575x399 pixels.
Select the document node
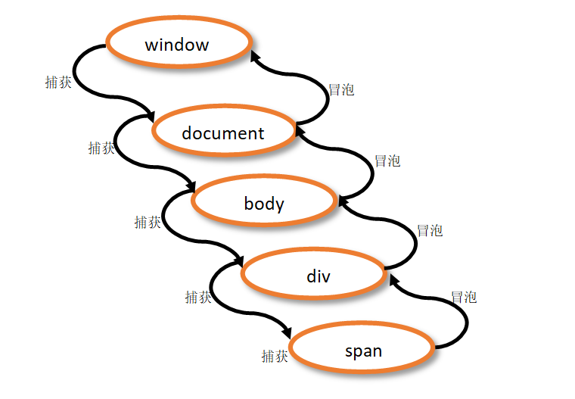tap(223, 133)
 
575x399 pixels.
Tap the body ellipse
tap(264, 203)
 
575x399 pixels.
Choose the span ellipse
tap(363, 351)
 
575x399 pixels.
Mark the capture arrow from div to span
tap(219, 303)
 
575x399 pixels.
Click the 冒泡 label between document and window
tap(341, 89)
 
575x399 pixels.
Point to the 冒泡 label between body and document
tap(387, 161)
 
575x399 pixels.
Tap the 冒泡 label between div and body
tap(430, 230)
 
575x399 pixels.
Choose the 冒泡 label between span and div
tap(464, 297)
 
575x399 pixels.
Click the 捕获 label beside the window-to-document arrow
tap(58, 83)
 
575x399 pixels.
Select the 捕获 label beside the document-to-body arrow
tap(101, 148)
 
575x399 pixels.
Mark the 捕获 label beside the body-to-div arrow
tap(148, 222)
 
